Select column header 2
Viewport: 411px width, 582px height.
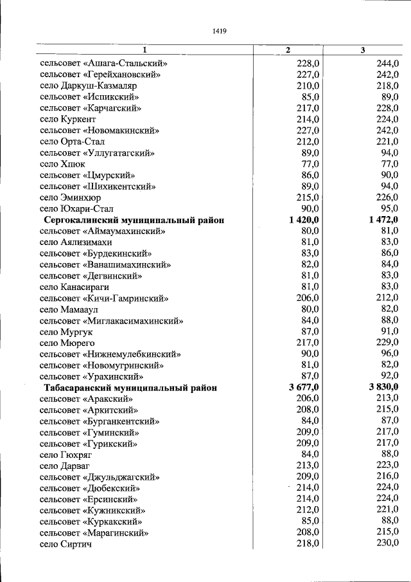pyautogui.click(x=288, y=50)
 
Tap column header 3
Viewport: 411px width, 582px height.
pyautogui.click(x=363, y=50)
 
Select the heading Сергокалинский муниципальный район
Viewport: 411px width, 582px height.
pyautogui.click(x=134, y=220)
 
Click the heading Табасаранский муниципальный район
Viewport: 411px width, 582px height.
pyautogui.click(x=130, y=388)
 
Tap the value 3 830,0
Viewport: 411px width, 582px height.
pyautogui.click(x=384, y=388)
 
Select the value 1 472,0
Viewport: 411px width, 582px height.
pyautogui.click(x=384, y=220)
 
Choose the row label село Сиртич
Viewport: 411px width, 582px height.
pyautogui.click(x=66, y=544)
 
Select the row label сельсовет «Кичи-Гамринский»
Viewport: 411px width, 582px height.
pyautogui.click(x=103, y=298)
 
